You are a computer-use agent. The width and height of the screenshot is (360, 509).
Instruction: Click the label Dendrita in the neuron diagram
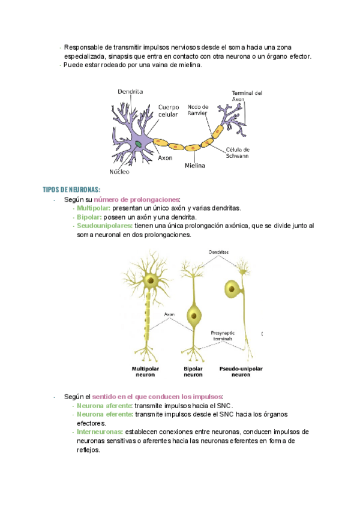point(130,92)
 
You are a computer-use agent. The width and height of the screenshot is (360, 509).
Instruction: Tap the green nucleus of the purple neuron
point(139,145)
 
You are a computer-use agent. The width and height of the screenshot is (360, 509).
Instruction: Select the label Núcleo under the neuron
point(119,172)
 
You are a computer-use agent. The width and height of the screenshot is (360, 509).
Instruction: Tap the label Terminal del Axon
point(247,95)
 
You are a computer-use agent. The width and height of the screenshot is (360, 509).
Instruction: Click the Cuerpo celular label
point(169,110)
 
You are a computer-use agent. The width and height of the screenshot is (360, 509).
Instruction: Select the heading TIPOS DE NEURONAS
point(71,190)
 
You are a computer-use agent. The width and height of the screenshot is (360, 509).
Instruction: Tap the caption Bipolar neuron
point(193,371)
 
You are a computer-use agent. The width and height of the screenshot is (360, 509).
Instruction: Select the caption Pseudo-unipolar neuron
point(241,371)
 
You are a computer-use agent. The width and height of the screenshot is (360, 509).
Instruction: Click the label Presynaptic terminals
point(223,336)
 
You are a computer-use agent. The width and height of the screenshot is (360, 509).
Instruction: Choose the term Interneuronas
point(100,432)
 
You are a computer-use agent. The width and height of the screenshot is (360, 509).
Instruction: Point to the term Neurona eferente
point(104,414)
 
